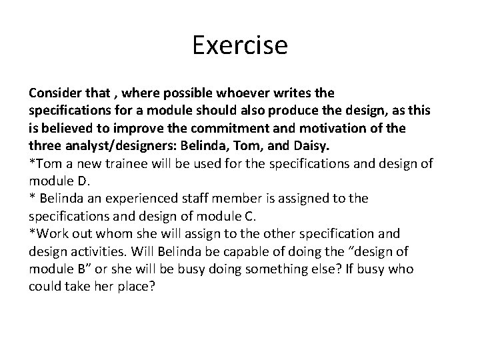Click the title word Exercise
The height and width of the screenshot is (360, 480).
pos(239,46)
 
